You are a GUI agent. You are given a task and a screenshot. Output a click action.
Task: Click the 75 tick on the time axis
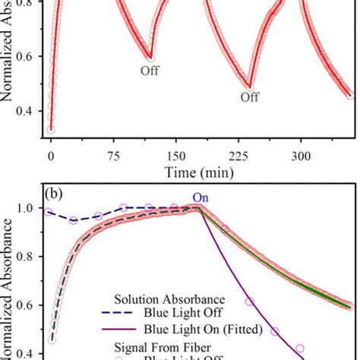tap(114, 156)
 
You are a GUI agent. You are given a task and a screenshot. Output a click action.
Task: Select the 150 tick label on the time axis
tap(176, 156)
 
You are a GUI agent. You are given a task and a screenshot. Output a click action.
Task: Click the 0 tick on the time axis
tap(51, 156)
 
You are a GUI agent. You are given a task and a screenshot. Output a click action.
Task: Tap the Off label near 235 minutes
tap(249, 97)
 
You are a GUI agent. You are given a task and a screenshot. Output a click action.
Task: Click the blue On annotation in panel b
tap(201, 198)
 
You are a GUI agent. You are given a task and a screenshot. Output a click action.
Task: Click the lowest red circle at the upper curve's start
tap(51, 130)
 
